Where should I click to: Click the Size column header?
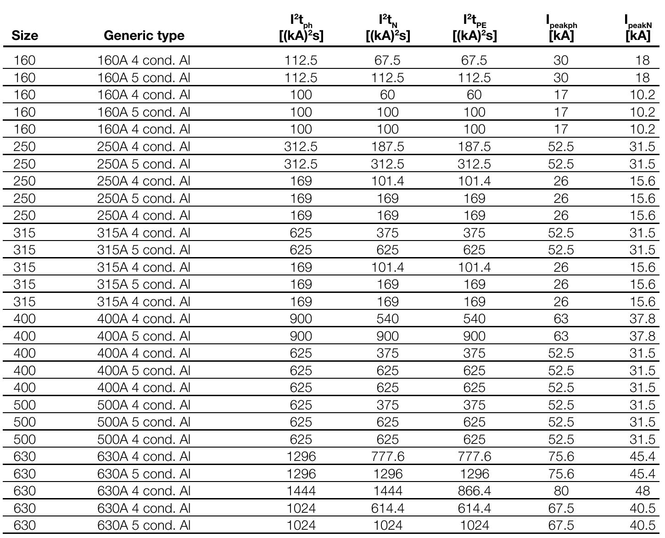(x=25, y=35)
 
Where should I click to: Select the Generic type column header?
(x=144, y=35)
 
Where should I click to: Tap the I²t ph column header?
(x=301, y=28)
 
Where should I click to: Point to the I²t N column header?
(x=388, y=28)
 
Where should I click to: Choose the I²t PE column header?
(x=474, y=28)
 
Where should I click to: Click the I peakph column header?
(x=561, y=28)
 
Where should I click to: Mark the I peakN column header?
(x=638, y=28)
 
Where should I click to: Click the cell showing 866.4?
(x=474, y=491)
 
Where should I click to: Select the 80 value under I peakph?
(x=561, y=491)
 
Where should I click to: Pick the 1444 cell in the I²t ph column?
(x=301, y=491)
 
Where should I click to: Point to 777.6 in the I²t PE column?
(x=474, y=457)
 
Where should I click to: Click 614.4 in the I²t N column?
(x=388, y=508)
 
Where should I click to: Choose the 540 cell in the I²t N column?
(x=388, y=319)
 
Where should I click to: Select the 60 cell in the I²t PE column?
(x=474, y=95)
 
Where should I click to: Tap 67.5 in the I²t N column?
(x=388, y=61)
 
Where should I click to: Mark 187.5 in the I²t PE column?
(x=474, y=147)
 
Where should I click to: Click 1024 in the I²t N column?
(x=388, y=526)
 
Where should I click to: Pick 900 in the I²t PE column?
(x=474, y=336)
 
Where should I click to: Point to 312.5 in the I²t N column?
(x=388, y=164)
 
